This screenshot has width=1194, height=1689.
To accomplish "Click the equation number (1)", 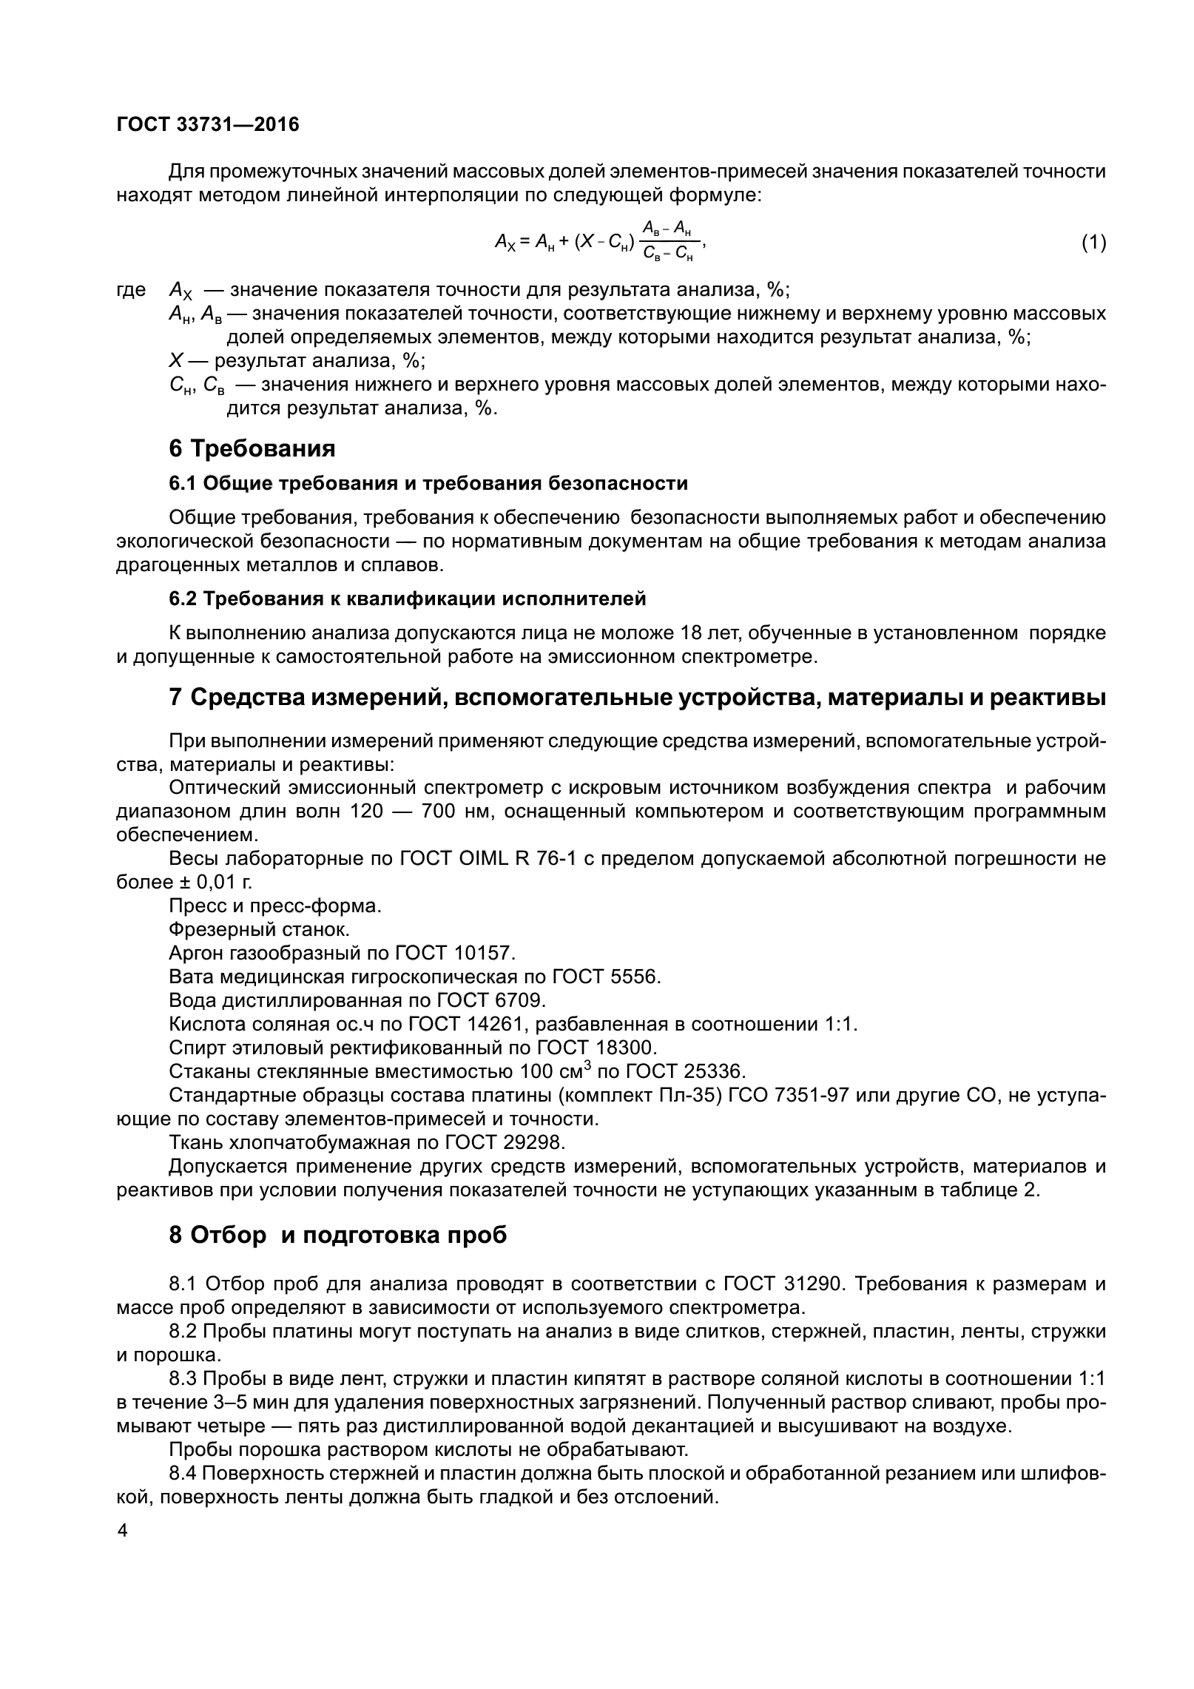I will point(1093,242).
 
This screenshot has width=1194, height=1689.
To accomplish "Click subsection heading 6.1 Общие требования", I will point(428,483).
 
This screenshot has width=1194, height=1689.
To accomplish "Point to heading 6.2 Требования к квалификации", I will point(408,599).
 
